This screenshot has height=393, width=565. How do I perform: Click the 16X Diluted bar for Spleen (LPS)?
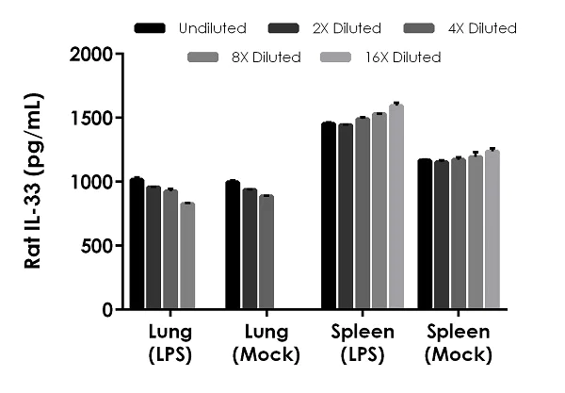[395, 206]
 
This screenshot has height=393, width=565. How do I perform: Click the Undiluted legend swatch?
[150, 28]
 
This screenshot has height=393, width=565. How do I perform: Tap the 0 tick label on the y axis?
[107, 309]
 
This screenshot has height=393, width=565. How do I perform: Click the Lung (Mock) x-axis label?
[266, 344]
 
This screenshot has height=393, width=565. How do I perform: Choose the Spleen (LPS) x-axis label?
[362, 344]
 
